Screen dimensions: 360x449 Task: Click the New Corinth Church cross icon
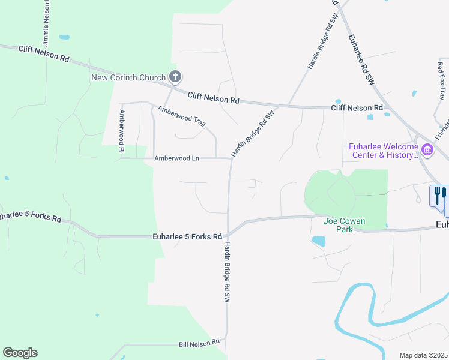coord(175,77)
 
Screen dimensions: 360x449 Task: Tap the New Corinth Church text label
coord(128,77)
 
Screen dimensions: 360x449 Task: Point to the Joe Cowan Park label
coord(345,225)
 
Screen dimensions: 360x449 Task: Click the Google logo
coord(20,353)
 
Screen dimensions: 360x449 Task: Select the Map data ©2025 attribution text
coord(423,355)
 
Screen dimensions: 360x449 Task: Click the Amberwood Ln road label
coord(176,158)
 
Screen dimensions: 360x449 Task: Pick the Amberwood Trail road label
coord(181,116)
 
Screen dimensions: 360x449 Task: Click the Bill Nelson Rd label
coord(199,344)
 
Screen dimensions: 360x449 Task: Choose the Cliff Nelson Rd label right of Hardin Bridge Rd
coord(357,108)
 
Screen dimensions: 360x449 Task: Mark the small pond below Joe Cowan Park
coord(318,241)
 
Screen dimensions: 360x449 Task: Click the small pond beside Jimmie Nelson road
coord(64,37)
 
